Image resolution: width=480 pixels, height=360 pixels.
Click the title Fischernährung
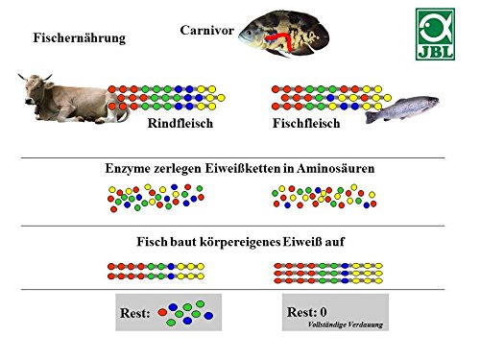point(80,37)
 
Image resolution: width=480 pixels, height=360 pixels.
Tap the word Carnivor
point(206,31)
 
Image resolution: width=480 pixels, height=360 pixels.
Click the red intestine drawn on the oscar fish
point(281,40)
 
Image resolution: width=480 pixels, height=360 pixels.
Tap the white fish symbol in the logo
point(435,28)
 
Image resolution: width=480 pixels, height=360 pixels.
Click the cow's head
point(36,89)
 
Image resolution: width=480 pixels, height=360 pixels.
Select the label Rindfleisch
point(180,123)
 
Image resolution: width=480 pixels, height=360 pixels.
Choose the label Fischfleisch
point(306,123)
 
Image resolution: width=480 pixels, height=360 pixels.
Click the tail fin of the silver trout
point(371,117)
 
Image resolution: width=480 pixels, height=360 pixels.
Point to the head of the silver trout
point(430,102)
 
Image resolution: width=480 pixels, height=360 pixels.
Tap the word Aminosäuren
point(335,168)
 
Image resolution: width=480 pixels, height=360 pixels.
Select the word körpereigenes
point(240,242)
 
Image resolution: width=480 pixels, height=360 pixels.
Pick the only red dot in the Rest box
point(162,312)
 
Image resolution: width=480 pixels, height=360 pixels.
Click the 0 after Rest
point(324,312)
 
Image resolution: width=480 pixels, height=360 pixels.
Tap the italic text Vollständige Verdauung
point(346,324)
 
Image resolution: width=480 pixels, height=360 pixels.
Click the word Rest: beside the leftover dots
point(135,313)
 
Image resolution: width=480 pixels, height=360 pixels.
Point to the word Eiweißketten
point(243,168)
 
